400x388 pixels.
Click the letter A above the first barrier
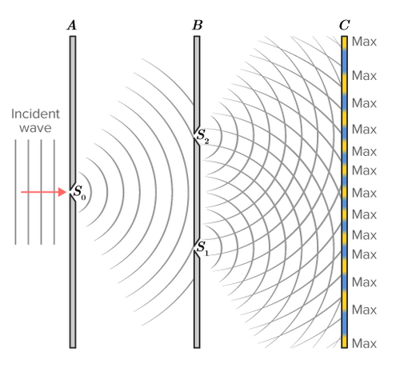[x=72, y=26]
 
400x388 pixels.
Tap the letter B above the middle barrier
[x=198, y=26]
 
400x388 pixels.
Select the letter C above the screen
[x=344, y=26]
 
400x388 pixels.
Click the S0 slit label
[x=80, y=192]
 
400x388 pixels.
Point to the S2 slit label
[x=202, y=136]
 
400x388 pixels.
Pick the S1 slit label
[x=202, y=248]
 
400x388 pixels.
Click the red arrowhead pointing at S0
[x=62, y=192]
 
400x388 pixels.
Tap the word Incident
[x=35, y=114]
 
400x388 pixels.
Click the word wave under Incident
[x=35, y=128]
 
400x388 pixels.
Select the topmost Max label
[x=364, y=42]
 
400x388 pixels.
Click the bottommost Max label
[x=364, y=343]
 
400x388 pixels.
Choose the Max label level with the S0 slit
[x=364, y=193]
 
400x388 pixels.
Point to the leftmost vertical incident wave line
[x=15, y=192]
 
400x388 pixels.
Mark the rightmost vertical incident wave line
[x=54, y=192]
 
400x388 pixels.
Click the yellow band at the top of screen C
[x=344, y=42]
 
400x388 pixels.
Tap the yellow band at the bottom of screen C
[x=344, y=342]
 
